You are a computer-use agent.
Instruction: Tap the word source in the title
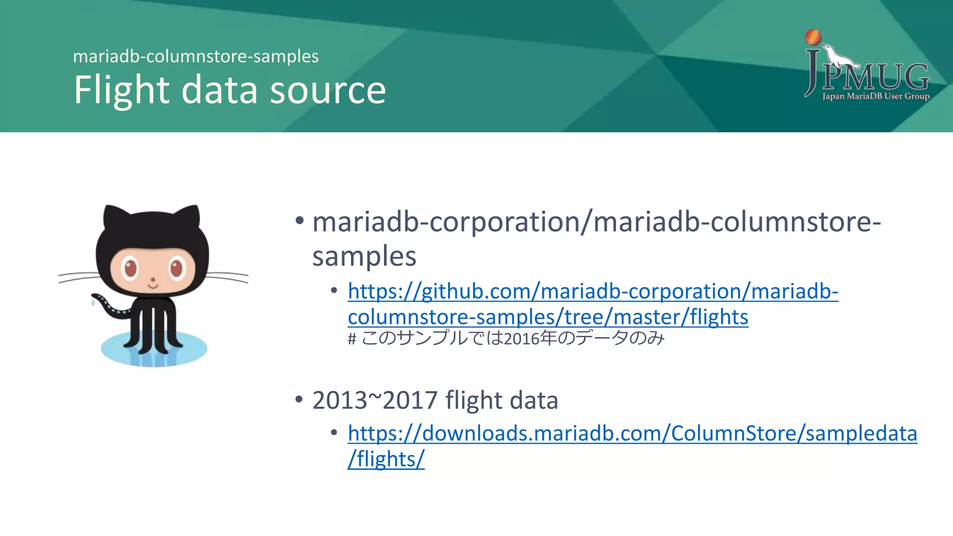(328, 90)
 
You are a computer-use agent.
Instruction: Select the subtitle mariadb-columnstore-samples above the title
(196, 56)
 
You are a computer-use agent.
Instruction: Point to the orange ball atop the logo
(813, 37)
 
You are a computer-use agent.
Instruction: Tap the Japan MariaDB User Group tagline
(875, 96)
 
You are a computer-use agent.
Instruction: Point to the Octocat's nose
(153, 280)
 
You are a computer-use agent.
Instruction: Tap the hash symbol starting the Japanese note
(352, 339)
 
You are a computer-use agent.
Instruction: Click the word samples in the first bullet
(364, 256)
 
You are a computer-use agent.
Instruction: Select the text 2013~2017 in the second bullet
(375, 400)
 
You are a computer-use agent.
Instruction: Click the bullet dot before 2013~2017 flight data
(299, 399)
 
